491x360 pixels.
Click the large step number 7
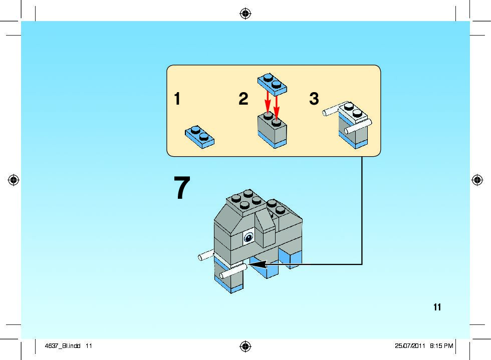182,187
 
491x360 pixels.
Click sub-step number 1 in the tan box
177,99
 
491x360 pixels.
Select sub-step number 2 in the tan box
243,99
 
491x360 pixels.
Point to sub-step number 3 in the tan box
314,99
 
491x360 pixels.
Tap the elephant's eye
249,237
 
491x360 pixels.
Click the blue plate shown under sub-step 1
200,137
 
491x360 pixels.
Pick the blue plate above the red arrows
272,84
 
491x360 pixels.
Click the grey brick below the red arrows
272,130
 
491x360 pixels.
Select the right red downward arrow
276,107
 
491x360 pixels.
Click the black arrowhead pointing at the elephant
258,264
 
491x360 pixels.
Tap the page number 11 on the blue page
437,307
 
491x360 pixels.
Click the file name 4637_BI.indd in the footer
63,346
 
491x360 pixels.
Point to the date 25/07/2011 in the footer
410,346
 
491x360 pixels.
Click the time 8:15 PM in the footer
441,346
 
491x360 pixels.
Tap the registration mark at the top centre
245,14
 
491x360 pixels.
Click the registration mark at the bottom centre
245,346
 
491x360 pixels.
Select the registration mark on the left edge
14,180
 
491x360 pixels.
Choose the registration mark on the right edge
477,180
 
